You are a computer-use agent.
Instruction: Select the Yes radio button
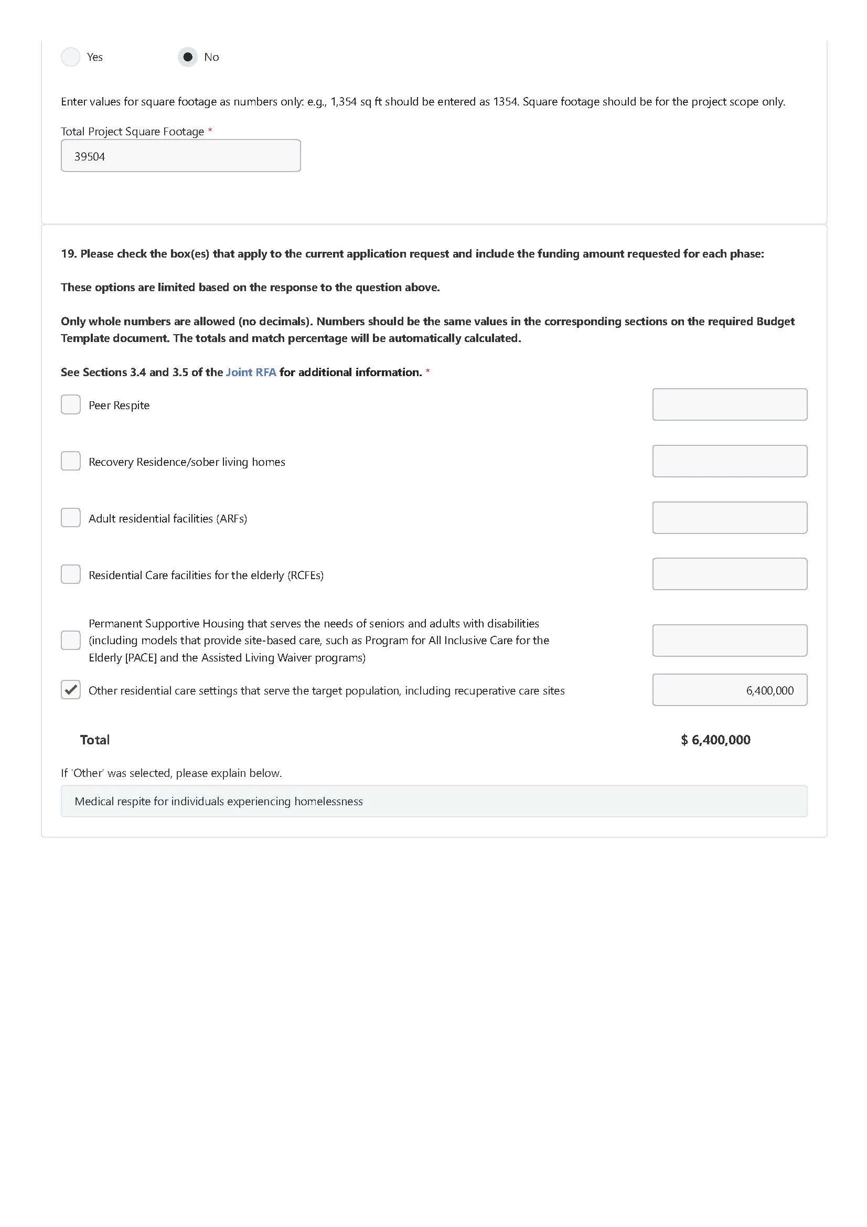(70, 57)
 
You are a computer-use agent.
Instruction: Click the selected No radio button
(187, 57)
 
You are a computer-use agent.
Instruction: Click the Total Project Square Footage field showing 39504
(180, 155)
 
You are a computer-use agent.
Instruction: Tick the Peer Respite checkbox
(70, 404)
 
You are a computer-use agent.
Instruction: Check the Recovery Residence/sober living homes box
(70, 461)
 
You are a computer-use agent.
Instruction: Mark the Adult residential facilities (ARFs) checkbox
(70, 518)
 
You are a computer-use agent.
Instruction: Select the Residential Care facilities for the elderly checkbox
(70, 574)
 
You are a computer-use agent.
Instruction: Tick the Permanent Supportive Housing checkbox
(70, 640)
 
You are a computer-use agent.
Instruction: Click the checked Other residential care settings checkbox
(70, 690)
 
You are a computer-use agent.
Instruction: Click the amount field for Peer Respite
(729, 404)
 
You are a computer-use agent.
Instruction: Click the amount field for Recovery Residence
(729, 461)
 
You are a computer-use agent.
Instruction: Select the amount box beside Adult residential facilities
(729, 518)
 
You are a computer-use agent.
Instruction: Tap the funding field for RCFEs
(729, 574)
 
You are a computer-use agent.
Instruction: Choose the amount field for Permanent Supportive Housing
(729, 640)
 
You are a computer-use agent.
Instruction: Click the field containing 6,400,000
(729, 690)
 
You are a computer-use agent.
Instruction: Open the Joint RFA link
(251, 372)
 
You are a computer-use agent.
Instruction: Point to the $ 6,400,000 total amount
(715, 740)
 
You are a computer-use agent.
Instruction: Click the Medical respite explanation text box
(434, 801)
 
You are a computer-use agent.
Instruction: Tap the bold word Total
(94, 740)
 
